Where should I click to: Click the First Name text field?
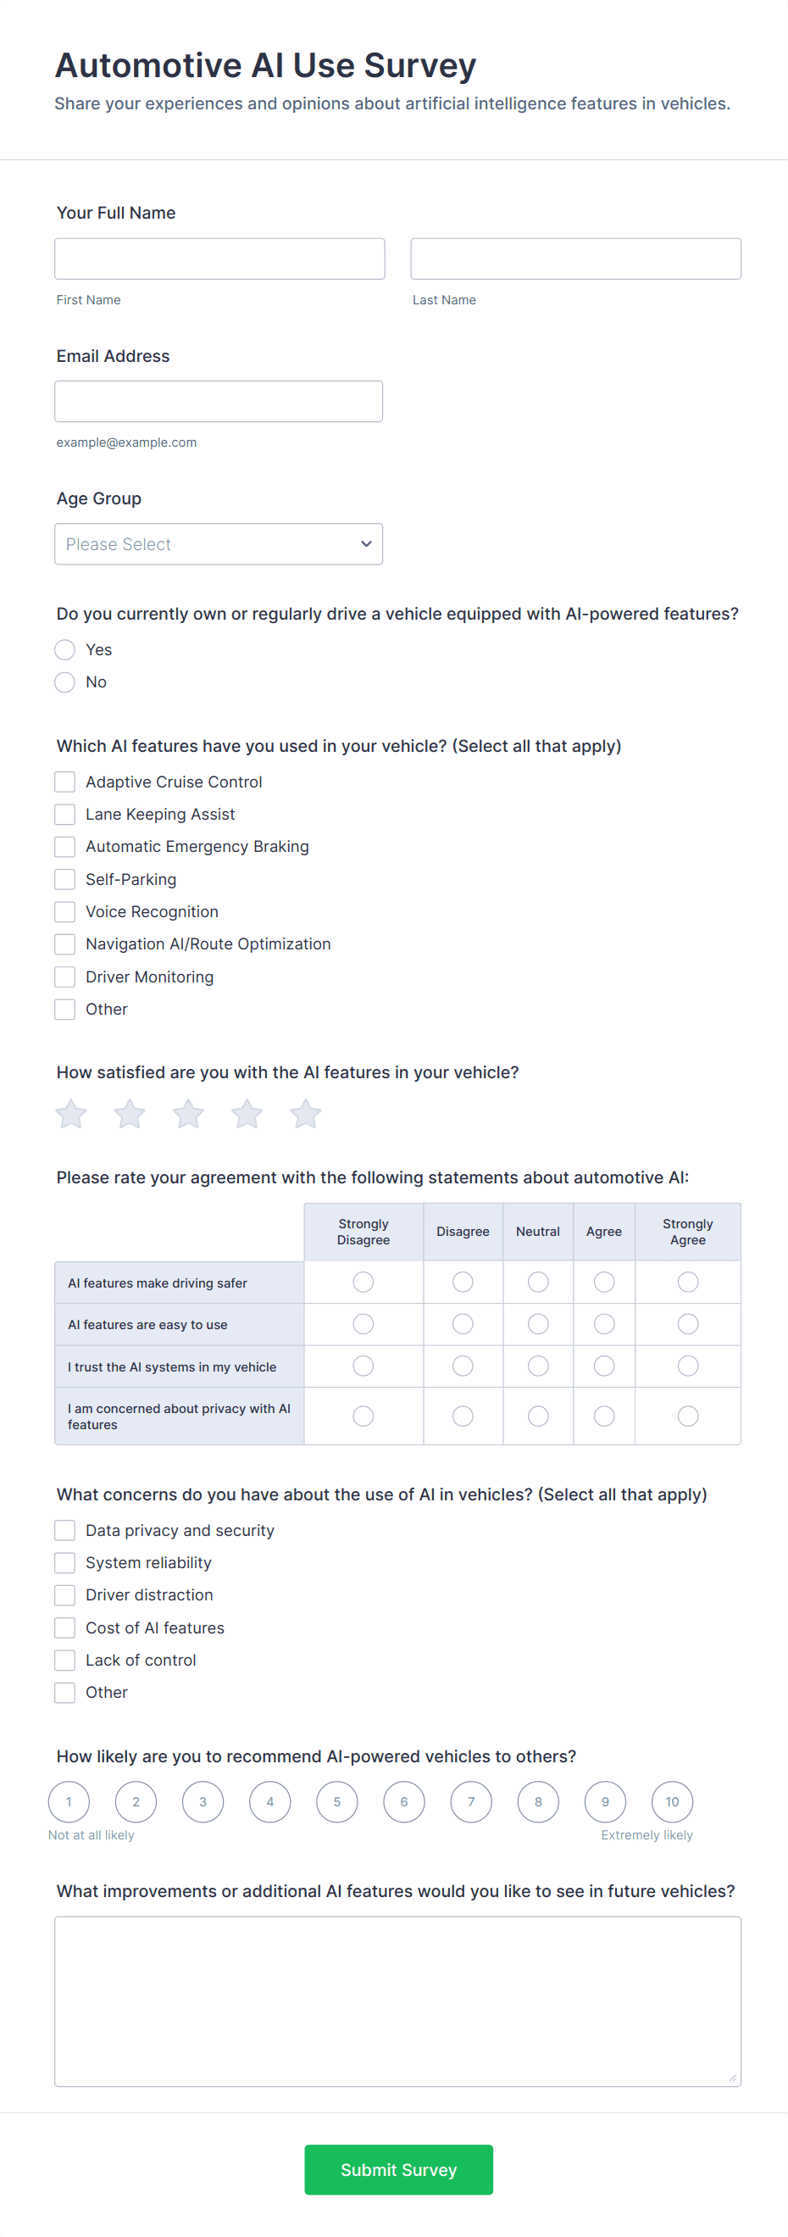[x=219, y=259]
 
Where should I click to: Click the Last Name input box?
[x=574, y=259]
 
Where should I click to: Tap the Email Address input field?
[x=218, y=401]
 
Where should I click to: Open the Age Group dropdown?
[x=218, y=543]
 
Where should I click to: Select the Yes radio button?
[x=65, y=649]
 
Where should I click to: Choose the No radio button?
[x=65, y=682]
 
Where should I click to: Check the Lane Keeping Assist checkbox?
[x=65, y=814]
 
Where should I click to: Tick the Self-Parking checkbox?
[x=65, y=879]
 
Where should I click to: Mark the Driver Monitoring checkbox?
[x=65, y=976]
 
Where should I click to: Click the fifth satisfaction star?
[x=306, y=1113]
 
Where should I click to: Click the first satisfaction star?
[x=71, y=1113]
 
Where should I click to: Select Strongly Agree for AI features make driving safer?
[x=687, y=1282]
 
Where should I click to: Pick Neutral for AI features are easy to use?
[x=538, y=1323]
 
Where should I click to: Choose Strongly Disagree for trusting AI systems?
[x=363, y=1366]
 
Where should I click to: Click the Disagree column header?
[x=463, y=1232]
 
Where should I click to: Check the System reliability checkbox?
[x=65, y=1562]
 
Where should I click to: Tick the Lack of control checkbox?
[x=65, y=1660]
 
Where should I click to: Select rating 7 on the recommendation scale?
[x=471, y=1801]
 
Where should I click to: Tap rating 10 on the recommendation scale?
[x=672, y=1801]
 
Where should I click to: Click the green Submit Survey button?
[x=398, y=2169]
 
